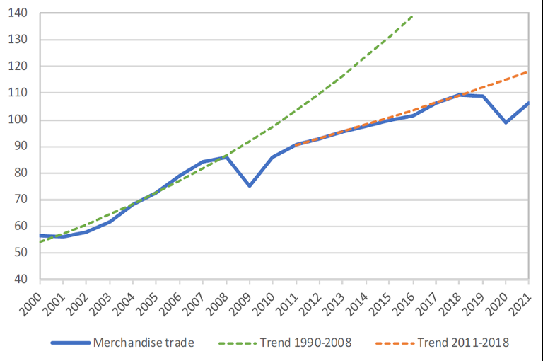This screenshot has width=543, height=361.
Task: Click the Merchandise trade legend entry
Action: pyautogui.click(x=124, y=343)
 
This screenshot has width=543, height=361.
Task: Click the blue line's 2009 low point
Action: pyautogui.click(x=250, y=185)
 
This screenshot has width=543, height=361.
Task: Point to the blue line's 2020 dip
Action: pyautogui.click(x=506, y=122)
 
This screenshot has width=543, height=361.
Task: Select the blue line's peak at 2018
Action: pyautogui.click(x=460, y=94)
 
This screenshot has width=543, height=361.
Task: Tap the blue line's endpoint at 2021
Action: pyautogui.click(x=529, y=103)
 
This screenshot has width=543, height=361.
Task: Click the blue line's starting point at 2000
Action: pyautogui.click(x=40, y=235)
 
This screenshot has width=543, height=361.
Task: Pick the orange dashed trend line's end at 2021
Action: pyautogui.click(x=529, y=71)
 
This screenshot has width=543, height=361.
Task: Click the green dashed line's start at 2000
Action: pyautogui.click(x=40, y=242)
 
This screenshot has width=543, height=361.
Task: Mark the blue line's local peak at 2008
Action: pyautogui.click(x=226, y=156)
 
